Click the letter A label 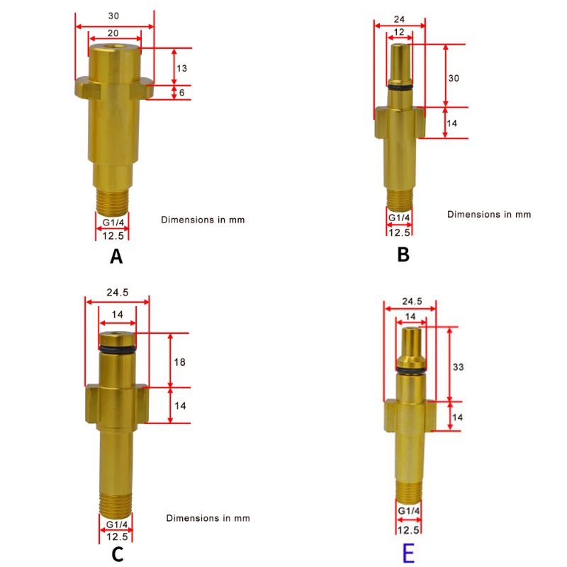[117, 257]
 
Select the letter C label [118, 554]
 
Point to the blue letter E [408, 552]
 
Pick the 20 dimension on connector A [114, 33]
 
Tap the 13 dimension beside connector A [182, 68]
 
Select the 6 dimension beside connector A [182, 92]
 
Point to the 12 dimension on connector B [399, 33]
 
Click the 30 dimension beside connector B [454, 78]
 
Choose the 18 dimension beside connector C [179, 361]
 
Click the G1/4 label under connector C [117, 524]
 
